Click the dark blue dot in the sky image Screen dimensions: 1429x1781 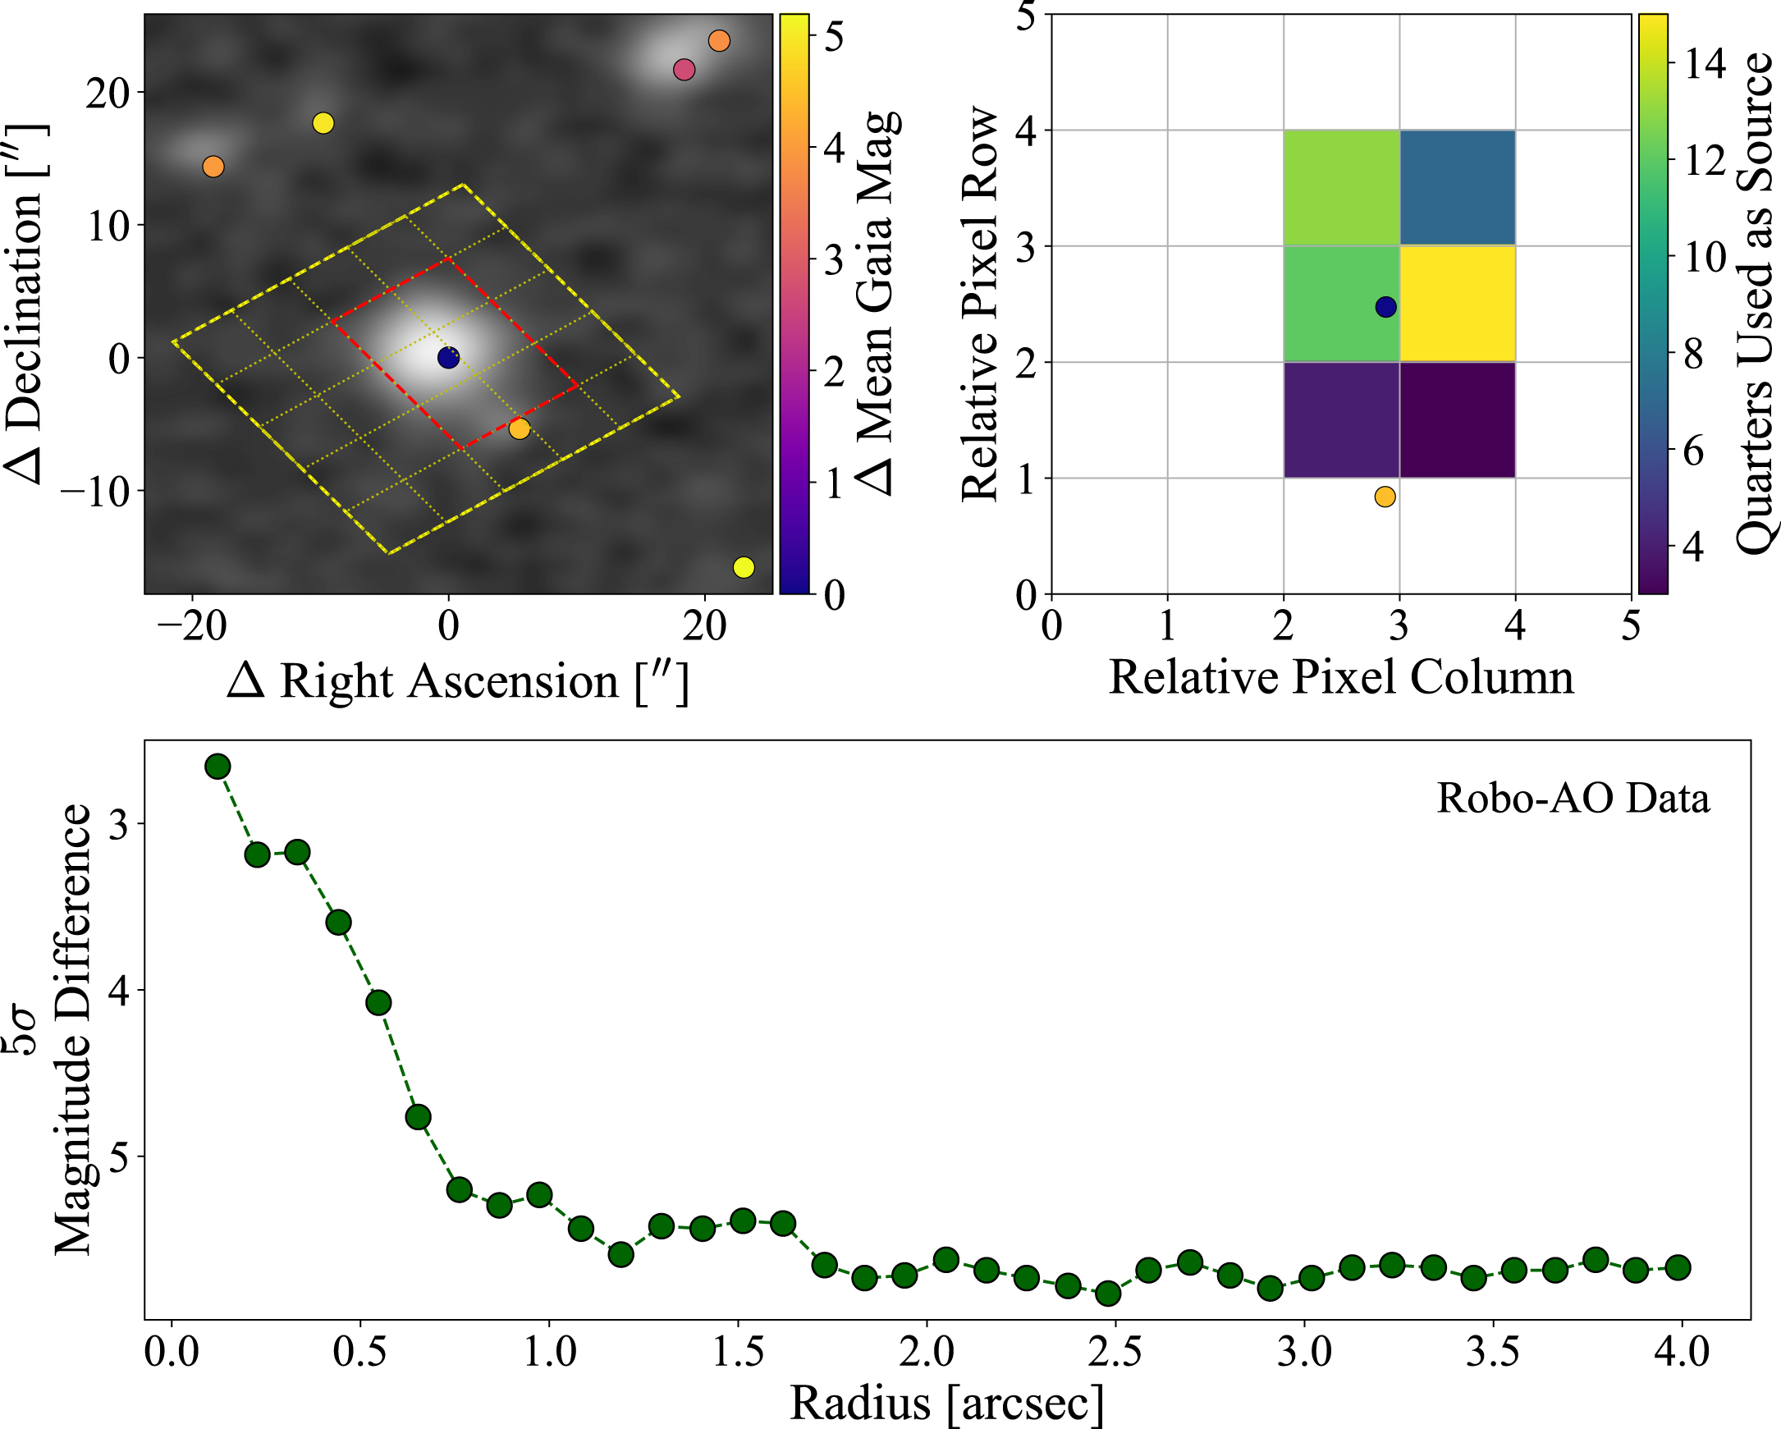448,358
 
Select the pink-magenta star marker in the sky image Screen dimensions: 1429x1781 683,70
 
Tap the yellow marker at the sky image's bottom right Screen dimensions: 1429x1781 744,567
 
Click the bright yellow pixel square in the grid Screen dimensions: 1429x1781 1457,304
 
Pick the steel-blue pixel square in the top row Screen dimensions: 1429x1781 1457,187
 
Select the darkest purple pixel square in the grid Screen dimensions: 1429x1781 1457,419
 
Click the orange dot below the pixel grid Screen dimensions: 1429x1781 1385,497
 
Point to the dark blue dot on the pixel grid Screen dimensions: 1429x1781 1385,306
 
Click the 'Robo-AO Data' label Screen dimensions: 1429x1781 1573,799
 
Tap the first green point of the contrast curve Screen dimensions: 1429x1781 217,767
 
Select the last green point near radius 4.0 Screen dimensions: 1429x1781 1677,1267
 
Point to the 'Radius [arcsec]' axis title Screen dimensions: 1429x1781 946,1403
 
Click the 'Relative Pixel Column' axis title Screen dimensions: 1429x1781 1341,678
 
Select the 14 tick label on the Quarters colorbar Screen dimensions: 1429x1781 1705,62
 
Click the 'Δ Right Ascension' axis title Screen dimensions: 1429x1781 458,682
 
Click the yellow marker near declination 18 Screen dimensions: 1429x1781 323,123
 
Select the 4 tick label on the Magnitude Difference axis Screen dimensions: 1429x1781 119,991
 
